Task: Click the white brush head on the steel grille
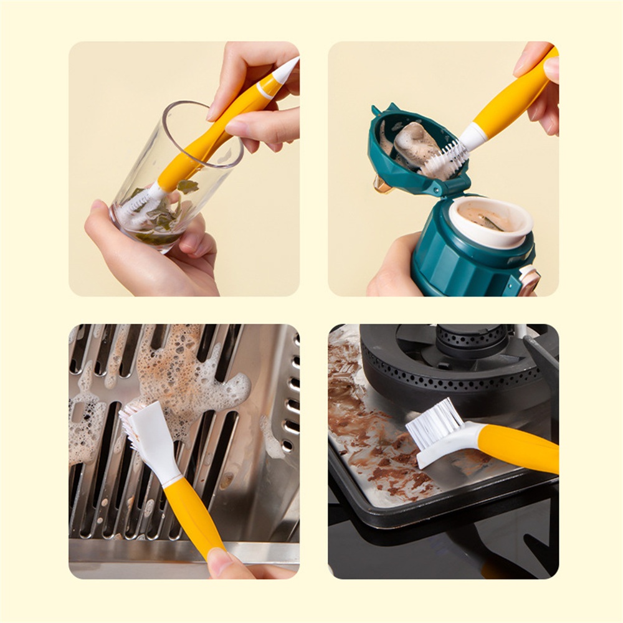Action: [x=146, y=439]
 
